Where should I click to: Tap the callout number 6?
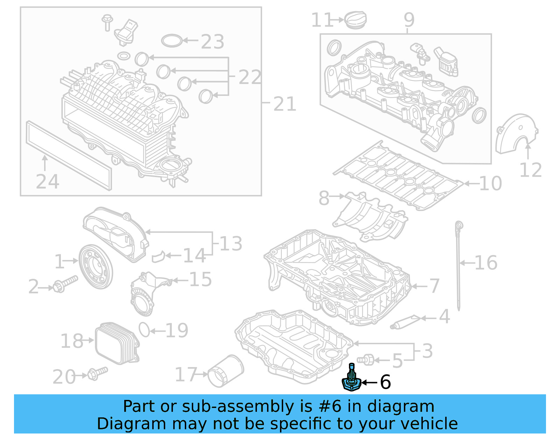pos(385,382)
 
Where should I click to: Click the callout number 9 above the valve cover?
pos(409,20)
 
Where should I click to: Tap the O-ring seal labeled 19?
pos(144,330)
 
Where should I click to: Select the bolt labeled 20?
pos(97,373)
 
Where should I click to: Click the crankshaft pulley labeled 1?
pos(96,267)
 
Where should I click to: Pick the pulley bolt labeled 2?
pos(65,284)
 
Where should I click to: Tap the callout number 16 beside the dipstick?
pos(486,263)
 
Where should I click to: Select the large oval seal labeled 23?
pos(171,41)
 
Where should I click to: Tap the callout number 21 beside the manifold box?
pos(285,104)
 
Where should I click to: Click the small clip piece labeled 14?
pos(158,257)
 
